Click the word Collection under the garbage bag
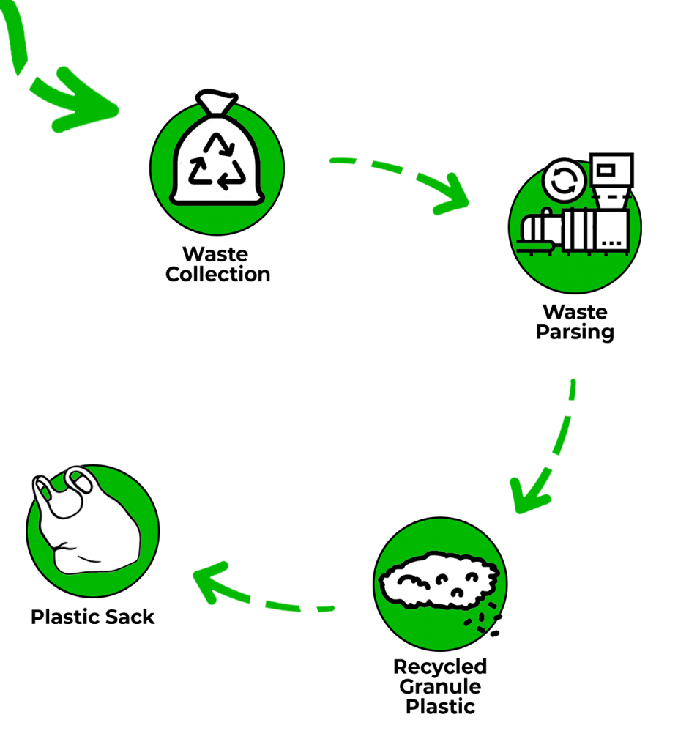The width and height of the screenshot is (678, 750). click(218, 275)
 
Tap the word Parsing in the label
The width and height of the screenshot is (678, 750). click(575, 332)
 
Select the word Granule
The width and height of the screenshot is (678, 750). click(440, 687)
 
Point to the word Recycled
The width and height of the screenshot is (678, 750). click(440, 667)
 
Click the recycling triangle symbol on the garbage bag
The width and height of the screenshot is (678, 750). click(217, 161)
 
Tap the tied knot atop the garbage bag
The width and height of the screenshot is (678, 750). click(217, 101)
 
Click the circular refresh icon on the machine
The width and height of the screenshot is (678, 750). click(565, 182)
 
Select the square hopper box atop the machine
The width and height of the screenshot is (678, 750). click(611, 170)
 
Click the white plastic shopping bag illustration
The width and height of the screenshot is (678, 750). click(86, 520)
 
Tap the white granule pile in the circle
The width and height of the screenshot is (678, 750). click(439, 580)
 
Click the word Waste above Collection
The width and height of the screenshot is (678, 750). click(216, 254)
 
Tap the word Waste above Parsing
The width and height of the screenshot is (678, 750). click(575, 312)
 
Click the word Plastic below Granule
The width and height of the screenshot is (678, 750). click(440, 707)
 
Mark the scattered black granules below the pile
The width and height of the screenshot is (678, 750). click(483, 621)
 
